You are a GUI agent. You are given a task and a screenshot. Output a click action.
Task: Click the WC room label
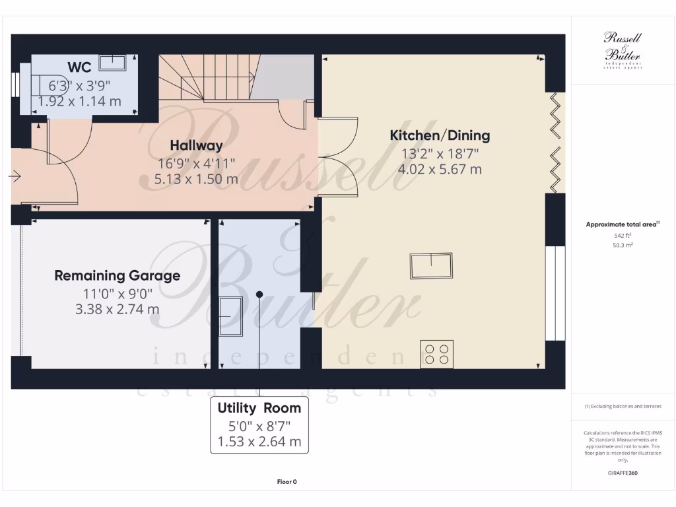pyautogui.click(x=79, y=68)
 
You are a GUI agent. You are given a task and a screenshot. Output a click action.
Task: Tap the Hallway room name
pyautogui.click(x=196, y=145)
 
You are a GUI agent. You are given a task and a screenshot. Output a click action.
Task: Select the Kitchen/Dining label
pyautogui.click(x=440, y=136)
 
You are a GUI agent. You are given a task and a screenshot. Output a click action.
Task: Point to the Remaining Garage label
pyautogui.click(x=117, y=275)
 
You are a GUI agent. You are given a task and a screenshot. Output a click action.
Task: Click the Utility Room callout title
pyautogui.click(x=259, y=408)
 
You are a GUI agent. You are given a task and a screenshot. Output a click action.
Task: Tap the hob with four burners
pyautogui.click(x=437, y=353)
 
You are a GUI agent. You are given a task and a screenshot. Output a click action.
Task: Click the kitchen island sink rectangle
pyautogui.click(x=432, y=266)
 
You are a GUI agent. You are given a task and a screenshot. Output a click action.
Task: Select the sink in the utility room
pyautogui.click(x=230, y=316)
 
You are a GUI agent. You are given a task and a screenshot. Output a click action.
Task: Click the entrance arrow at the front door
pyautogui.click(x=15, y=176)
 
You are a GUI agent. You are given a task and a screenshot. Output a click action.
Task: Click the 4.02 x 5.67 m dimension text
pyautogui.click(x=440, y=170)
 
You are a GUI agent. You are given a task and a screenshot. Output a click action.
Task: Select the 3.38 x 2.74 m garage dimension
pyautogui.click(x=117, y=309)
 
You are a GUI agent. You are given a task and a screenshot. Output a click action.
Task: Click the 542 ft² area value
pyautogui.click(x=623, y=235)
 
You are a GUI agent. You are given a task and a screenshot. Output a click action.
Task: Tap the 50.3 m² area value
pyautogui.click(x=623, y=245)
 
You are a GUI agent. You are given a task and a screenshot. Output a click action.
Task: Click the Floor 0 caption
pyautogui.click(x=287, y=482)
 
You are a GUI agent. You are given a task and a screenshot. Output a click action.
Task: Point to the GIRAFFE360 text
pyautogui.click(x=623, y=473)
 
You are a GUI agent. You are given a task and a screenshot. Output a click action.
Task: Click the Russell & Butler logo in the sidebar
pyautogui.click(x=623, y=50)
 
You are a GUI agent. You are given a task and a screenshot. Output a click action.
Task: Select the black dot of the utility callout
pyautogui.click(x=259, y=294)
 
